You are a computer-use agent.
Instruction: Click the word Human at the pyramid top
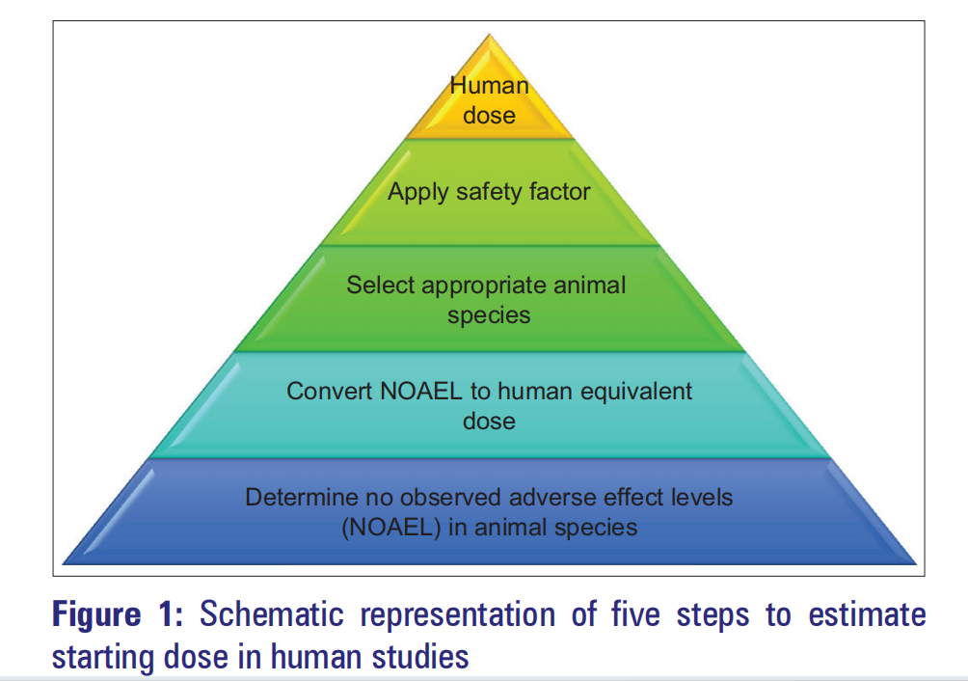(490, 85)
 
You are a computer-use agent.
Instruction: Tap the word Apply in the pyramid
(417, 192)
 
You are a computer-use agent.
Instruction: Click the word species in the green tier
(489, 315)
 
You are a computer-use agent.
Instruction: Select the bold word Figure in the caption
(104, 615)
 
